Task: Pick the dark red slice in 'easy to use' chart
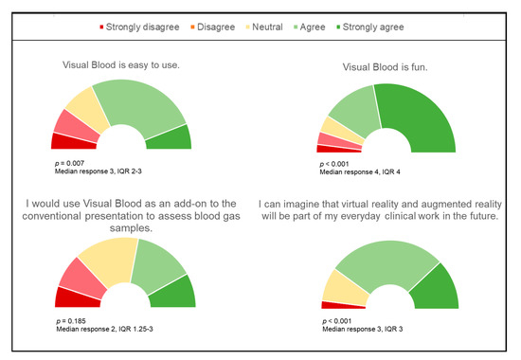[x=72, y=141]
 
